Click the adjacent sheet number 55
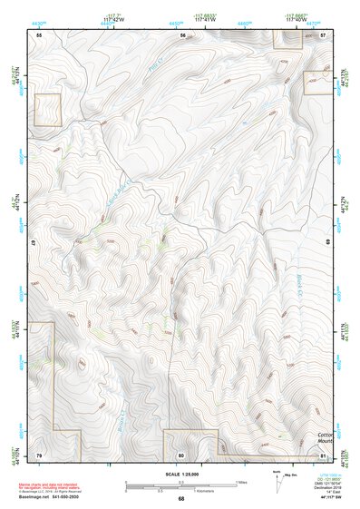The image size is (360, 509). [x=39, y=34]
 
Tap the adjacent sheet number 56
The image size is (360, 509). [x=182, y=34]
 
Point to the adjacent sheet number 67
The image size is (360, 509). [x=31, y=243]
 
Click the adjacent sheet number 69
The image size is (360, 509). [x=328, y=243]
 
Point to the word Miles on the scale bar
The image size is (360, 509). [x=240, y=481]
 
